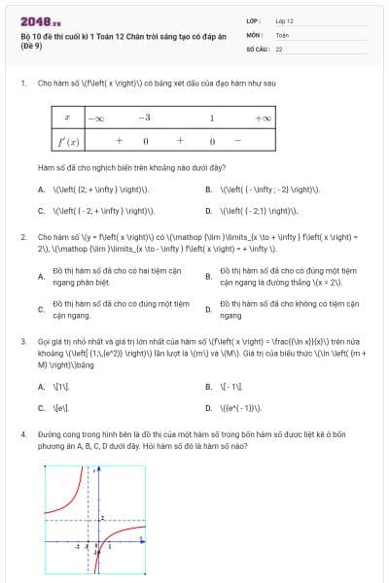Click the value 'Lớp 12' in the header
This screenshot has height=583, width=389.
point(284,20)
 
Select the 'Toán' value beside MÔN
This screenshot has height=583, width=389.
point(282,34)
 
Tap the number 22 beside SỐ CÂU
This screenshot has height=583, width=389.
point(279,48)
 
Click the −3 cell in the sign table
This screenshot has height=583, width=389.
point(144,118)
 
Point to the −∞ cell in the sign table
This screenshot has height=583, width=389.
point(96,118)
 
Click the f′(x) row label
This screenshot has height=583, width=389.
point(67,140)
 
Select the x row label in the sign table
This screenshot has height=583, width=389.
point(66,118)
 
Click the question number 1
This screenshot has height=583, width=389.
point(22,84)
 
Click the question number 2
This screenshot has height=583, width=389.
point(22,236)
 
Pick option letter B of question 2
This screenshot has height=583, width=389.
point(208,276)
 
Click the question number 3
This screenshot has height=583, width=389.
point(22,342)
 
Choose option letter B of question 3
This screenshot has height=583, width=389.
point(208,386)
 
